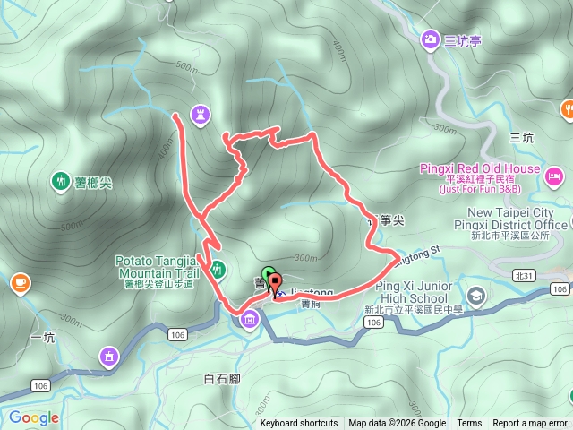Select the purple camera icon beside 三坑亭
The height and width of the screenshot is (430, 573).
(431, 39)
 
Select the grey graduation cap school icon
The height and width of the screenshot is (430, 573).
(476, 295)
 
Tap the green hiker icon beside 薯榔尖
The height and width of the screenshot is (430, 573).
(61, 182)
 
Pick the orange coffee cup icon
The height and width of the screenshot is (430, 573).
(19, 283)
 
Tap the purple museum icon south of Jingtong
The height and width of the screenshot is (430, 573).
(248, 320)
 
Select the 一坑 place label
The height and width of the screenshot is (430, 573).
(42, 337)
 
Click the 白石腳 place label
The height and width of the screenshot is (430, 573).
(221, 379)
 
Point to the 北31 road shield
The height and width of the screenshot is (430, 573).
(523, 276)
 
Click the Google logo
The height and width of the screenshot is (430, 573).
(34, 417)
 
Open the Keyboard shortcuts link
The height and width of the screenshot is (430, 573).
(299, 424)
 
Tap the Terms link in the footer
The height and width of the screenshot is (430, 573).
(469, 424)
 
